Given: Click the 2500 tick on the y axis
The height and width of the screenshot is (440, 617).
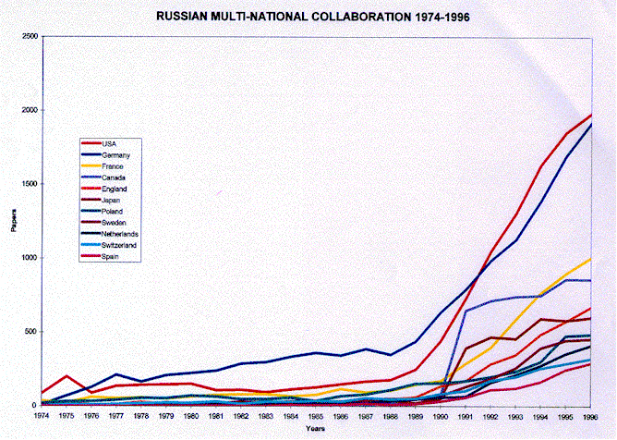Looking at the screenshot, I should click(x=30, y=36).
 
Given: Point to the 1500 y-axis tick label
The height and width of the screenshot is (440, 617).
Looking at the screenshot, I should click(x=30, y=184).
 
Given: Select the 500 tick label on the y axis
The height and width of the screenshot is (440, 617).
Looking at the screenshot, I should click(x=31, y=331).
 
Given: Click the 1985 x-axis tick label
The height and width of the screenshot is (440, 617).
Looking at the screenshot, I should click(x=316, y=416).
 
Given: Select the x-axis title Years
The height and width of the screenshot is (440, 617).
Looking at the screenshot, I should click(x=317, y=428).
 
